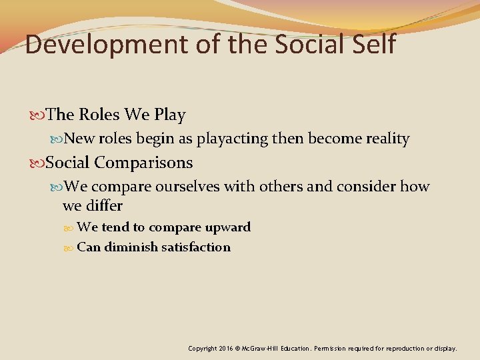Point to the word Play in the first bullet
click(x=170, y=115)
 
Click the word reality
click(x=387, y=139)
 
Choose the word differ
click(x=103, y=205)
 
